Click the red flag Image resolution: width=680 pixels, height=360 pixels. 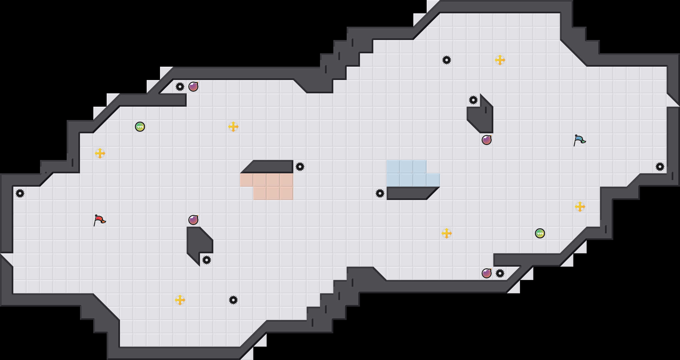(x=99, y=220)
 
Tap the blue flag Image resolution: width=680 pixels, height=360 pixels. (x=579, y=140)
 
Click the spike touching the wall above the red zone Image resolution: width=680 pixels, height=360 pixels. (x=300, y=167)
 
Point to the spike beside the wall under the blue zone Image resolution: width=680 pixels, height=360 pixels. (x=380, y=193)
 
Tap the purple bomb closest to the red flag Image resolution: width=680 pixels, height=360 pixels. (x=193, y=220)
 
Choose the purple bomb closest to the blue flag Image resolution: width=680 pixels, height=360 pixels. (x=487, y=140)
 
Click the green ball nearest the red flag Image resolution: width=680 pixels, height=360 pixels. (x=140, y=127)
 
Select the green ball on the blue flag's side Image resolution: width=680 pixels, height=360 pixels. (x=540, y=233)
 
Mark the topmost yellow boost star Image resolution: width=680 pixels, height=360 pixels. (x=500, y=60)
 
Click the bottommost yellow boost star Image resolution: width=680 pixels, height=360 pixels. (x=180, y=300)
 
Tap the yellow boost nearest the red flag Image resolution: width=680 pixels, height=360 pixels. (x=100, y=153)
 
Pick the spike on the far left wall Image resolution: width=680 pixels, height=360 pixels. (x=20, y=193)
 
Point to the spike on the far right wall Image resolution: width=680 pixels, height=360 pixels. (x=660, y=167)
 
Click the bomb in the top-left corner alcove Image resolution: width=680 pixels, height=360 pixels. (x=193, y=87)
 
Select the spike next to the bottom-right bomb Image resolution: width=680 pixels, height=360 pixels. (x=500, y=273)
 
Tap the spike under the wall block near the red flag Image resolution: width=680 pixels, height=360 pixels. (x=207, y=260)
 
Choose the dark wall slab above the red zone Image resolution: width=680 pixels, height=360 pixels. (x=270, y=166)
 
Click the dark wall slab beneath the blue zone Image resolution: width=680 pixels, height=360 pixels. (x=410, y=193)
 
